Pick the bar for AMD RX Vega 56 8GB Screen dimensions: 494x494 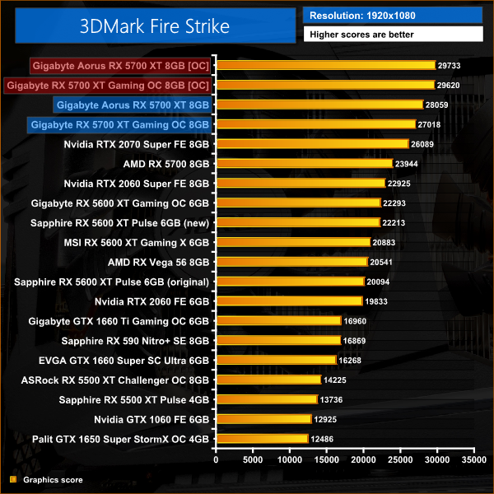[x=291, y=261]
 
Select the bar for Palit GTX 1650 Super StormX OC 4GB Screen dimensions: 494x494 [x=262, y=438]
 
